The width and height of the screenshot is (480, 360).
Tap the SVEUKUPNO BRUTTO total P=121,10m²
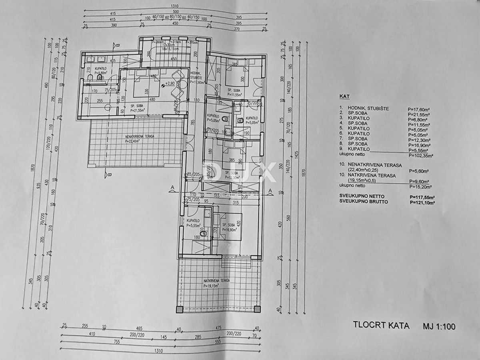[422, 203]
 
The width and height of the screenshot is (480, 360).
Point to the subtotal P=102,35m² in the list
[422, 156]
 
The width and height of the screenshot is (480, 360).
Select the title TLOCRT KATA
[381, 326]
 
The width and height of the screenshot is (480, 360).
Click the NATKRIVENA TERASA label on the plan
[216, 281]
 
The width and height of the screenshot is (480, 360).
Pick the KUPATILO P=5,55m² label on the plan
[193, 223]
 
